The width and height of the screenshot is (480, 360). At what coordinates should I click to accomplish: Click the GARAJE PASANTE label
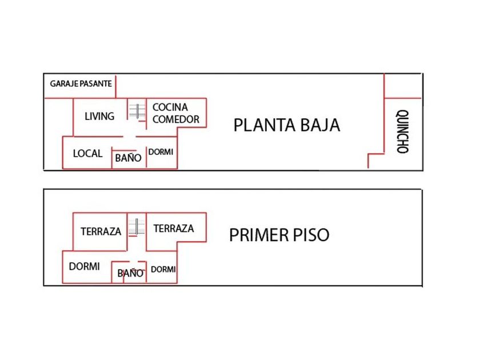[81, 83]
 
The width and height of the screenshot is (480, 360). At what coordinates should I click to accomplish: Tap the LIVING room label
[99, 116]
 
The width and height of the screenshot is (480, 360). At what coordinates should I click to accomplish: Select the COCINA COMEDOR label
[176, 113]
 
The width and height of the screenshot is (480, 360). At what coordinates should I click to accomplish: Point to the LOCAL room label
[87, 153]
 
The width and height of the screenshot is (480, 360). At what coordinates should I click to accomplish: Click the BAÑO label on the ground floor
[128, 158]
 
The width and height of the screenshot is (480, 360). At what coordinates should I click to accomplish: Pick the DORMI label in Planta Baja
[161, 152]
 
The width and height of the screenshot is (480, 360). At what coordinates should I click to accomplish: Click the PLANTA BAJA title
[286, 125]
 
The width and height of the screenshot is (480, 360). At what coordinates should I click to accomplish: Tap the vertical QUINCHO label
[402, 131]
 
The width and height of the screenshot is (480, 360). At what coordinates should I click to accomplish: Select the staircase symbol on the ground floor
[137, 111]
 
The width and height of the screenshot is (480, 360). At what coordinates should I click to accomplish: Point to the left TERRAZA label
[101, 231]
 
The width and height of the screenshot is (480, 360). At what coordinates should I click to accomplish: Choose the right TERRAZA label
[174, 229]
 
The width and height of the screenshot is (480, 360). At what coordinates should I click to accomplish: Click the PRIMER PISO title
[279, 235]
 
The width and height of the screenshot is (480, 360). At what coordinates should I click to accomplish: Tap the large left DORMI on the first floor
[84, 266]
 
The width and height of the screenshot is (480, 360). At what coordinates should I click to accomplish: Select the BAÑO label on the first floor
[130, 273]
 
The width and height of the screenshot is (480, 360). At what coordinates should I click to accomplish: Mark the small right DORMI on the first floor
[163, 269]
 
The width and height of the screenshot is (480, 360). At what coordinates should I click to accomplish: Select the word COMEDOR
[176, 119]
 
